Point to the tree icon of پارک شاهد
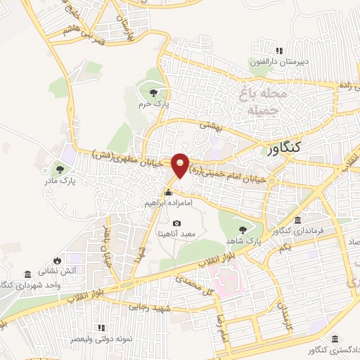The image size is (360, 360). (243, 229)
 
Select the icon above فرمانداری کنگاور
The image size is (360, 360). (298, 220)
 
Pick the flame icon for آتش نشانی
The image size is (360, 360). (67, 259)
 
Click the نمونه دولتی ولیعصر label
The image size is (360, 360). (101, 339)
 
